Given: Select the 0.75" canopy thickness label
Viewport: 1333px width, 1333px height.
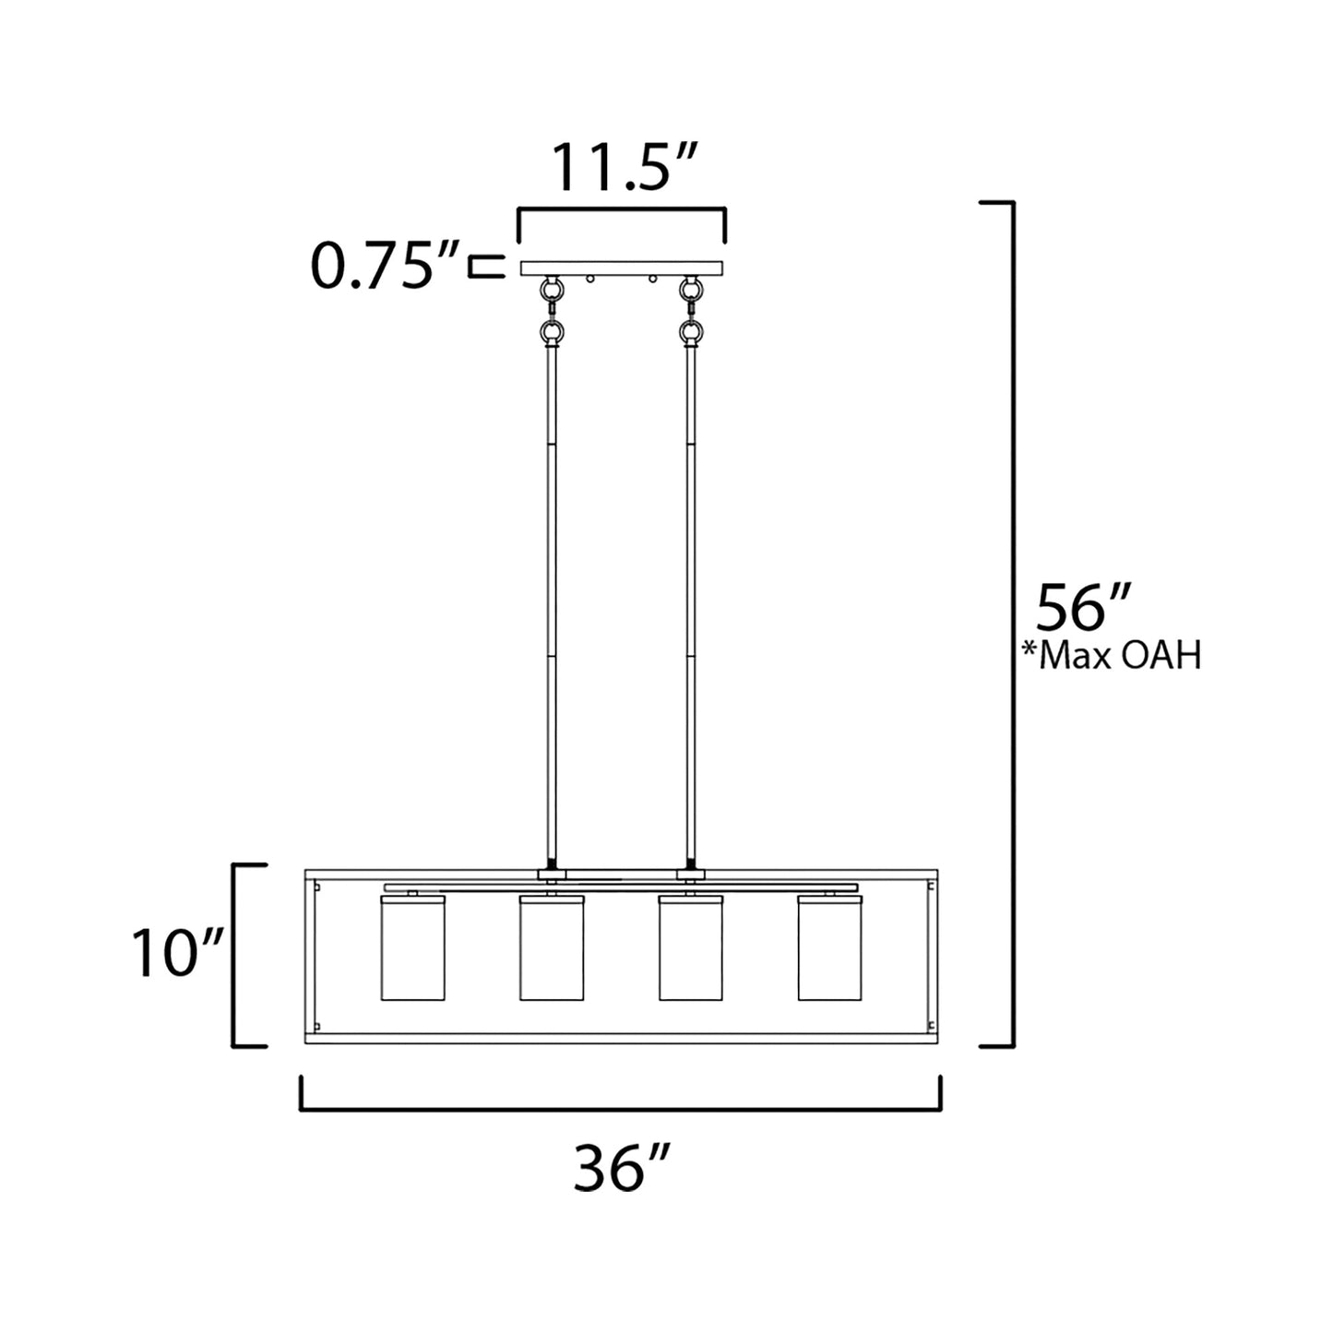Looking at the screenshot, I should click(x=384, y=267).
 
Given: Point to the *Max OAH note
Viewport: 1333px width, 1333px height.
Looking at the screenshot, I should click(x=1112, y=656).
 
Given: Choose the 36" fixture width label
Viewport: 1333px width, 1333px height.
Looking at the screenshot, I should click(x=619, y=1168).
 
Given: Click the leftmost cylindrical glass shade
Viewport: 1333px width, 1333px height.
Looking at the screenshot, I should click(x=412, y=947).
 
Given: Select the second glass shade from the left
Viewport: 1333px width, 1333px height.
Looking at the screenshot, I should click(x=552, y=947).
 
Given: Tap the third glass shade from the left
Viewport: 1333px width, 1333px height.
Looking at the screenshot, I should click(x=691, y=947).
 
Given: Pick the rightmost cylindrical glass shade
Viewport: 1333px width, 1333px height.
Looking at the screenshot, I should click(x=829, y=947).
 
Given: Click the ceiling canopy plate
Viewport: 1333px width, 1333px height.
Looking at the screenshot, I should click(x=622, y=268).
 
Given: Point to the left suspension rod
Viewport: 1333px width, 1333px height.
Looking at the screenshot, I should click(x=552, y=600).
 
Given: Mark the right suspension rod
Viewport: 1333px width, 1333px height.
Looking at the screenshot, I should click(x=691, y=600).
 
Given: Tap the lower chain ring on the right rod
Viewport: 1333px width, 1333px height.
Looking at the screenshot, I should click(x=688, y=330).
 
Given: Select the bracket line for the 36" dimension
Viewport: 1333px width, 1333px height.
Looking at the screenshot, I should click(x=621, y=1109).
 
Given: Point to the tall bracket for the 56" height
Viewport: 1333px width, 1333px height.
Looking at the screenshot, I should click(x=1013, y=624).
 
